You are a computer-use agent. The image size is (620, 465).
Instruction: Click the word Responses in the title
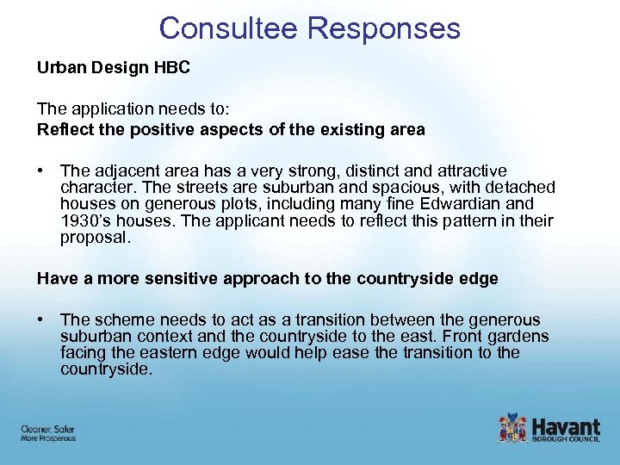(384, 28)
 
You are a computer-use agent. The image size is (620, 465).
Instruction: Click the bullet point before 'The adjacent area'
(41, 171)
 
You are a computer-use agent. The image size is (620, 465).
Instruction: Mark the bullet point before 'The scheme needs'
(41, 320)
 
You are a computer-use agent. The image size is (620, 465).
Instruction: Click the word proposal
(95, 237)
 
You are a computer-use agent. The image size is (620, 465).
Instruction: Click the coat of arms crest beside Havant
(512, 429)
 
